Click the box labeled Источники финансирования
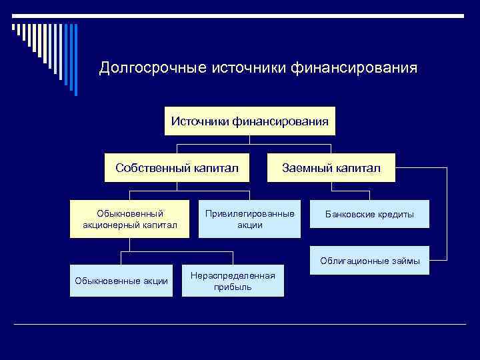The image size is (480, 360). [249, 121]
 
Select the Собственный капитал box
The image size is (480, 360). [177, 168]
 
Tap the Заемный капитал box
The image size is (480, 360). [331, 168]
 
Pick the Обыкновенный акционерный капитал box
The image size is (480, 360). [130, 219]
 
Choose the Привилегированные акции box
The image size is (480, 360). [250, 219]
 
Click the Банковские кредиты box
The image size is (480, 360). [369, 215]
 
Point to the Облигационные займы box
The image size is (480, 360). [369, 261]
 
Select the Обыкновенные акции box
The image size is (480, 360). [121, 281]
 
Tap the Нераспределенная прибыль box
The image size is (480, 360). [233, 281]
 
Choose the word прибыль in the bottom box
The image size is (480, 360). [233, 287]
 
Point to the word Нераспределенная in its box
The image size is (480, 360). [233, 275]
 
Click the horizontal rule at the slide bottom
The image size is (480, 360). [240, 324]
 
